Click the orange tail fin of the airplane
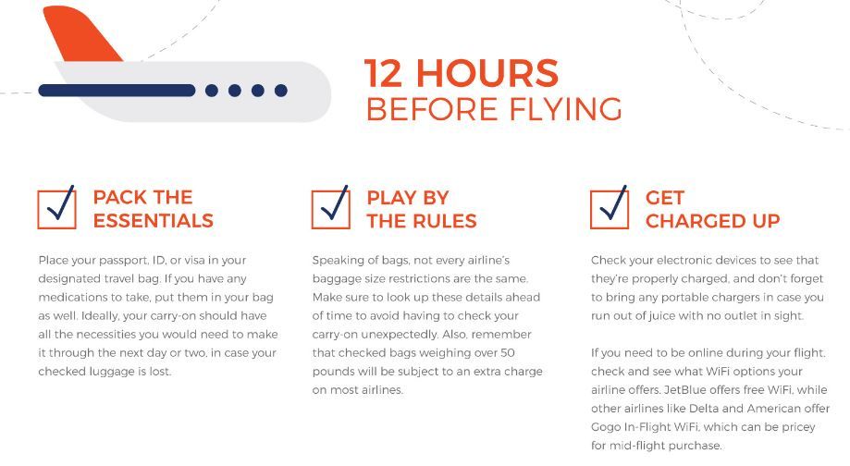pyautogui.click(x=81, y=35)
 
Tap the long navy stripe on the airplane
pyautogui.click(x=117, y=91)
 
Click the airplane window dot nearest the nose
pyautogui.click(x=281, y=91)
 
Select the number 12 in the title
pyautogui.click(x=383, y=73)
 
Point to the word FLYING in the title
pyautogui.click(x=565, y=109)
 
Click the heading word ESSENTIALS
pyautogui.click(x=154, y=221)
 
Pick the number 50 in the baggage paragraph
pyautogui.click(x=508, y=353)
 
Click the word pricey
pyautogui.click(x=798, y=427)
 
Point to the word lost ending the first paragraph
pyautogui.click(x=160, y=371)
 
